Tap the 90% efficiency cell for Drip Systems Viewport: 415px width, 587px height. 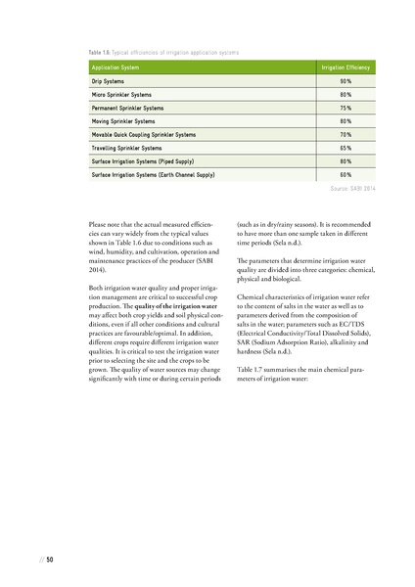point(346,80)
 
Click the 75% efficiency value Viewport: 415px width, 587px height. point(346,108)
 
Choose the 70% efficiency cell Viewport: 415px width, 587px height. point(346,134)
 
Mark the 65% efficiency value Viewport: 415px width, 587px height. point(346,148)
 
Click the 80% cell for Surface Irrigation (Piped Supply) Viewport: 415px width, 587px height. point(346,161)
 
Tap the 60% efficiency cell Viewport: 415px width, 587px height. point(346,175)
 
